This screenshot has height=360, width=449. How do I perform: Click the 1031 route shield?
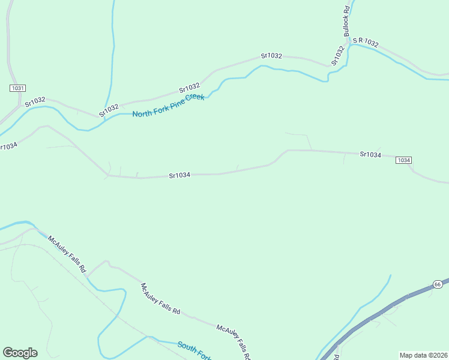tap(17, 88)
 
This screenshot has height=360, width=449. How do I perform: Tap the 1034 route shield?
tap(403, 160)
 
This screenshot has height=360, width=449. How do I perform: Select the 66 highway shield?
tap(438, 284)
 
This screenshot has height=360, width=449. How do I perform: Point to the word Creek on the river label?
tap(194, 98)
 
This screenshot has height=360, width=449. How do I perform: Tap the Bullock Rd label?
tap(347, 23)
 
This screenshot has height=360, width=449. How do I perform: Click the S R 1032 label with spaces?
tap(366, 42)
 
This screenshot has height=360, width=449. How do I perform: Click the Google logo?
tap(20, 353)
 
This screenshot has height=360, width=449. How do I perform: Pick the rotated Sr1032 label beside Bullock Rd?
tap(337, 56)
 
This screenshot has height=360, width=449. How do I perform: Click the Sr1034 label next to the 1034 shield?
tap(370, 154)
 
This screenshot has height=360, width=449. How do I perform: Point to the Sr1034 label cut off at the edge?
tap(8, 146)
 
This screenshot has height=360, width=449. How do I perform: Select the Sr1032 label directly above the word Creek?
tap(189, 88)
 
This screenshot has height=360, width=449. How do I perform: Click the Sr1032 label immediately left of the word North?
tap(109, 109)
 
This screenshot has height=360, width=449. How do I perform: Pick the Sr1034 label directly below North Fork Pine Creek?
tap(179, 175)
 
